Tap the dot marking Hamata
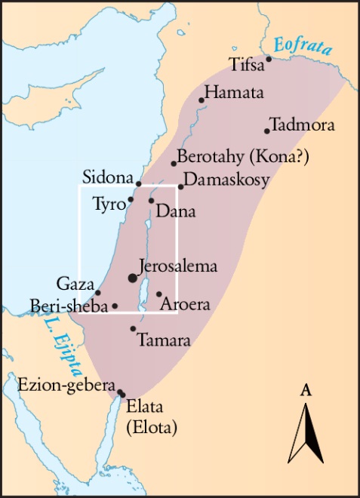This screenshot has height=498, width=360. (x=202, y=100)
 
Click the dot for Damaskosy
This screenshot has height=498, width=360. (x=181, y=187)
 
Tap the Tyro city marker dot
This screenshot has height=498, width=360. (x=131, y=200)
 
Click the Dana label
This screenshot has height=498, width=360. (x=175, y=212)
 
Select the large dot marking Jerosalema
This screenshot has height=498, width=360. (x=134, y=278)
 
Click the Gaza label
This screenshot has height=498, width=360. (x=75, y=284)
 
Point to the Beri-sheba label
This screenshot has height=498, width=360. (x=69, y=306)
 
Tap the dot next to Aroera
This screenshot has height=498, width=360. (x=159, y=294)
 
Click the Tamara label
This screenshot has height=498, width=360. (x=164, y=340)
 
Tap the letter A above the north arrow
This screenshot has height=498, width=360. (x=306, y=390)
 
